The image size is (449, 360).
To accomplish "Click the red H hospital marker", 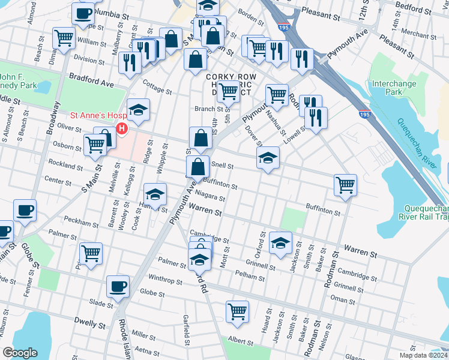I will point(122,128).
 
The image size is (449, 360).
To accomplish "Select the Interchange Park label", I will point(394,88).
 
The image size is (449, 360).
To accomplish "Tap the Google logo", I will point(20,353).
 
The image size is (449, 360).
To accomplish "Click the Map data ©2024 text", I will point(423,355).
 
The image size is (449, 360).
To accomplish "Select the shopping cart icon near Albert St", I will point(238,311).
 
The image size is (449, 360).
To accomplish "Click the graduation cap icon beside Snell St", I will point(268,158).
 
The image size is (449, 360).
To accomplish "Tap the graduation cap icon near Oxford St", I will point(280,242).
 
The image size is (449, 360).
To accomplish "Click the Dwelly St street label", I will point(90,323).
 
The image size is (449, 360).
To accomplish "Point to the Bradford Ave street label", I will point(91,78).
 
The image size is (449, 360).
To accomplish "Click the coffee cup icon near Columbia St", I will point(83,13).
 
